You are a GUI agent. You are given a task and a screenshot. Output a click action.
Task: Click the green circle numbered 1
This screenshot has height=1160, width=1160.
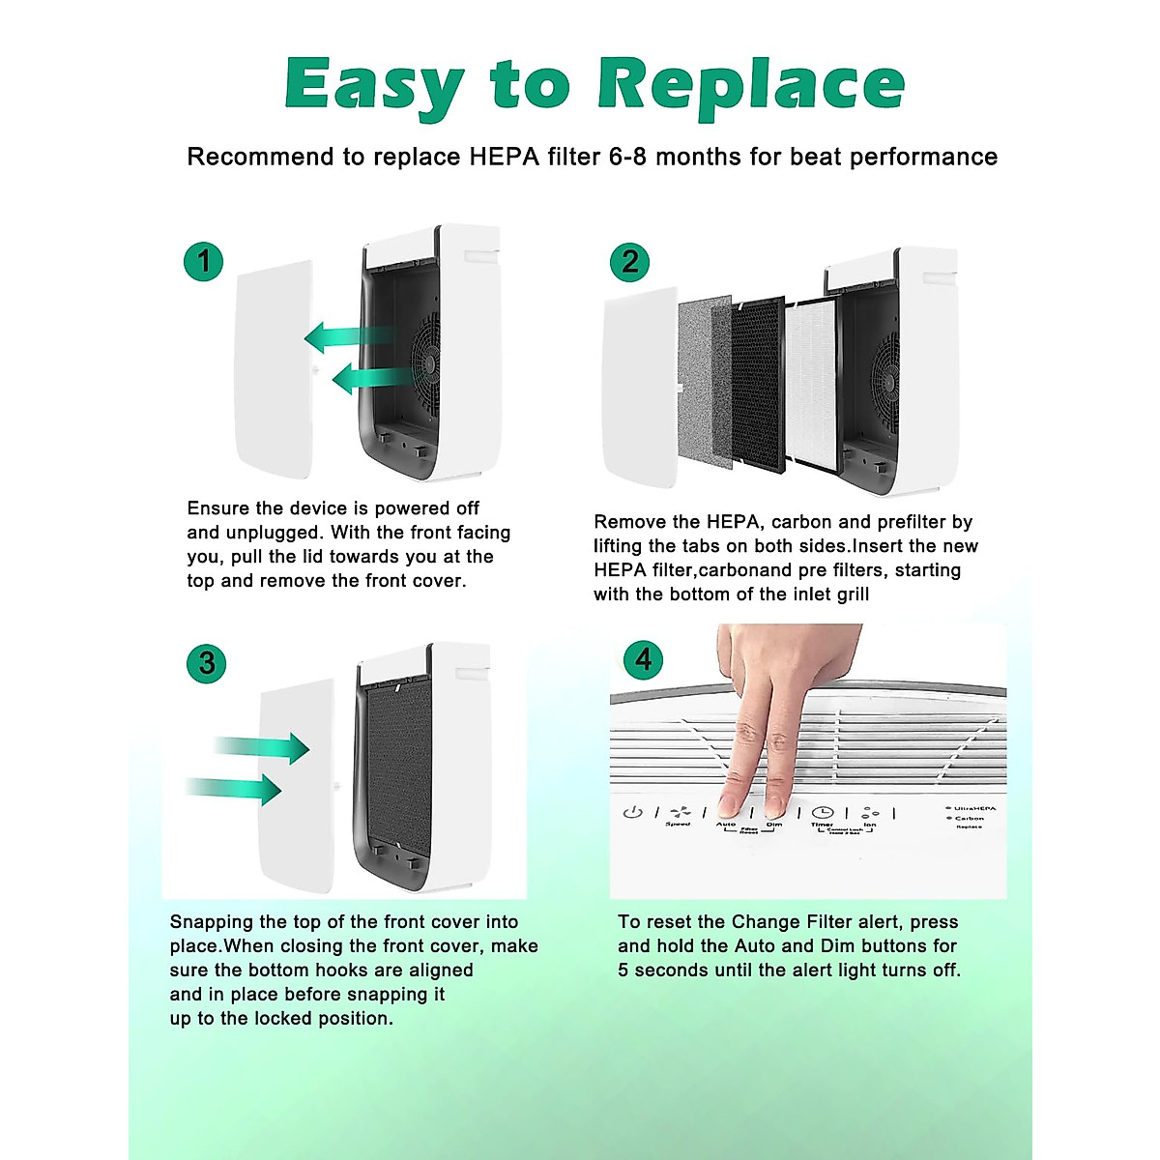(x=203, y=261)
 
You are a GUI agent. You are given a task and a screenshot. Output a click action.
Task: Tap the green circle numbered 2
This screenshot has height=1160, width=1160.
(x=629, y=261)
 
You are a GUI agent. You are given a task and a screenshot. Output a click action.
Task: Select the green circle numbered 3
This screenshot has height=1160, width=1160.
(x=206, y=663)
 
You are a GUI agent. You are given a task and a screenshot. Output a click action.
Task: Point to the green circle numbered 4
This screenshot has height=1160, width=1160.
(x=643, y=659)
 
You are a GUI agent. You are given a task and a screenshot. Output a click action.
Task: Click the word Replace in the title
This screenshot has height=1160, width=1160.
(x=750, y=85)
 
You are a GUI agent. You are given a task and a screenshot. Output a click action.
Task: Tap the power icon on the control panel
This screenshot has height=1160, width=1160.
(x=632, y=812)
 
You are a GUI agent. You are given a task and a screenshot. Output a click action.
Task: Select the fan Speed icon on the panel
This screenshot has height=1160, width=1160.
(x=680, y=813)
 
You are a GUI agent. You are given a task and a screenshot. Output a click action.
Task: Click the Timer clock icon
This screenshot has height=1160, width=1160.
(x=822, y=813)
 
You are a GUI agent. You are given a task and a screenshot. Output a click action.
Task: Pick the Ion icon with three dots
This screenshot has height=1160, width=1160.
(x=870, y=813)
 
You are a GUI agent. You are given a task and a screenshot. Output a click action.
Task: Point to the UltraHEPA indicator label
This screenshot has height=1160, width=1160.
(x=972, y=808)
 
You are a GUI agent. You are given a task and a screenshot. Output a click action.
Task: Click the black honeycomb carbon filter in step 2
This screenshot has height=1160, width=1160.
(x=758, y=384)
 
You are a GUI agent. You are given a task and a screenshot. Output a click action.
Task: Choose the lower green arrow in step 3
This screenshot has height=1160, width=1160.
(x=237, y=789)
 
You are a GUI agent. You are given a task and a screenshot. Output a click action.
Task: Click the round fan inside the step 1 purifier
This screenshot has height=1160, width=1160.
(x=425, y=363)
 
